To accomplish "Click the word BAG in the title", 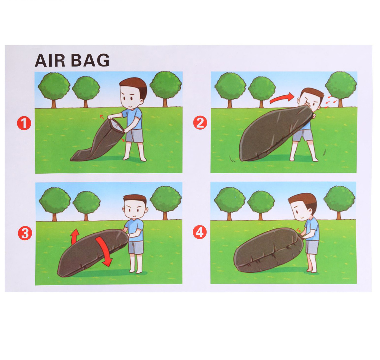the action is [90, 60].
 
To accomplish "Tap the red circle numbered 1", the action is [24, 123].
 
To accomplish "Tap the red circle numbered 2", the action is [200, 123].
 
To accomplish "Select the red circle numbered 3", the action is [25, 233].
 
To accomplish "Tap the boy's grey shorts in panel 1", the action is [135, 136].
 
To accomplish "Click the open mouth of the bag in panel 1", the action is [116, 125].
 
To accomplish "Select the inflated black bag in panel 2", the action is [275, 134].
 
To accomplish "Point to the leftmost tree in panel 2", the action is [230, 90].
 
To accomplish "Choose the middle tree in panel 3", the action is [86, 205].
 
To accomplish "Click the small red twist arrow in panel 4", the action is [299, 230].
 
